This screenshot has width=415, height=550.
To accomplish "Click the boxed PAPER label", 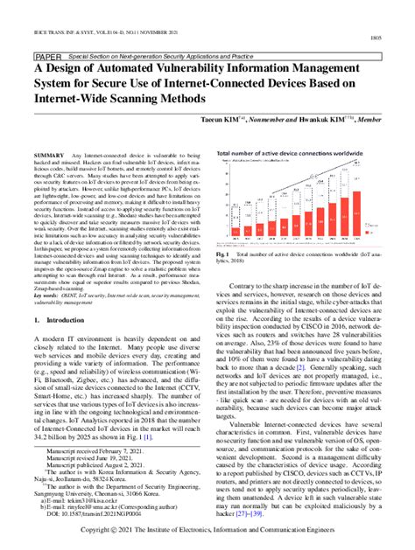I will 46,52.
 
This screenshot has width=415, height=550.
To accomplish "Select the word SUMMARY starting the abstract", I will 46,155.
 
